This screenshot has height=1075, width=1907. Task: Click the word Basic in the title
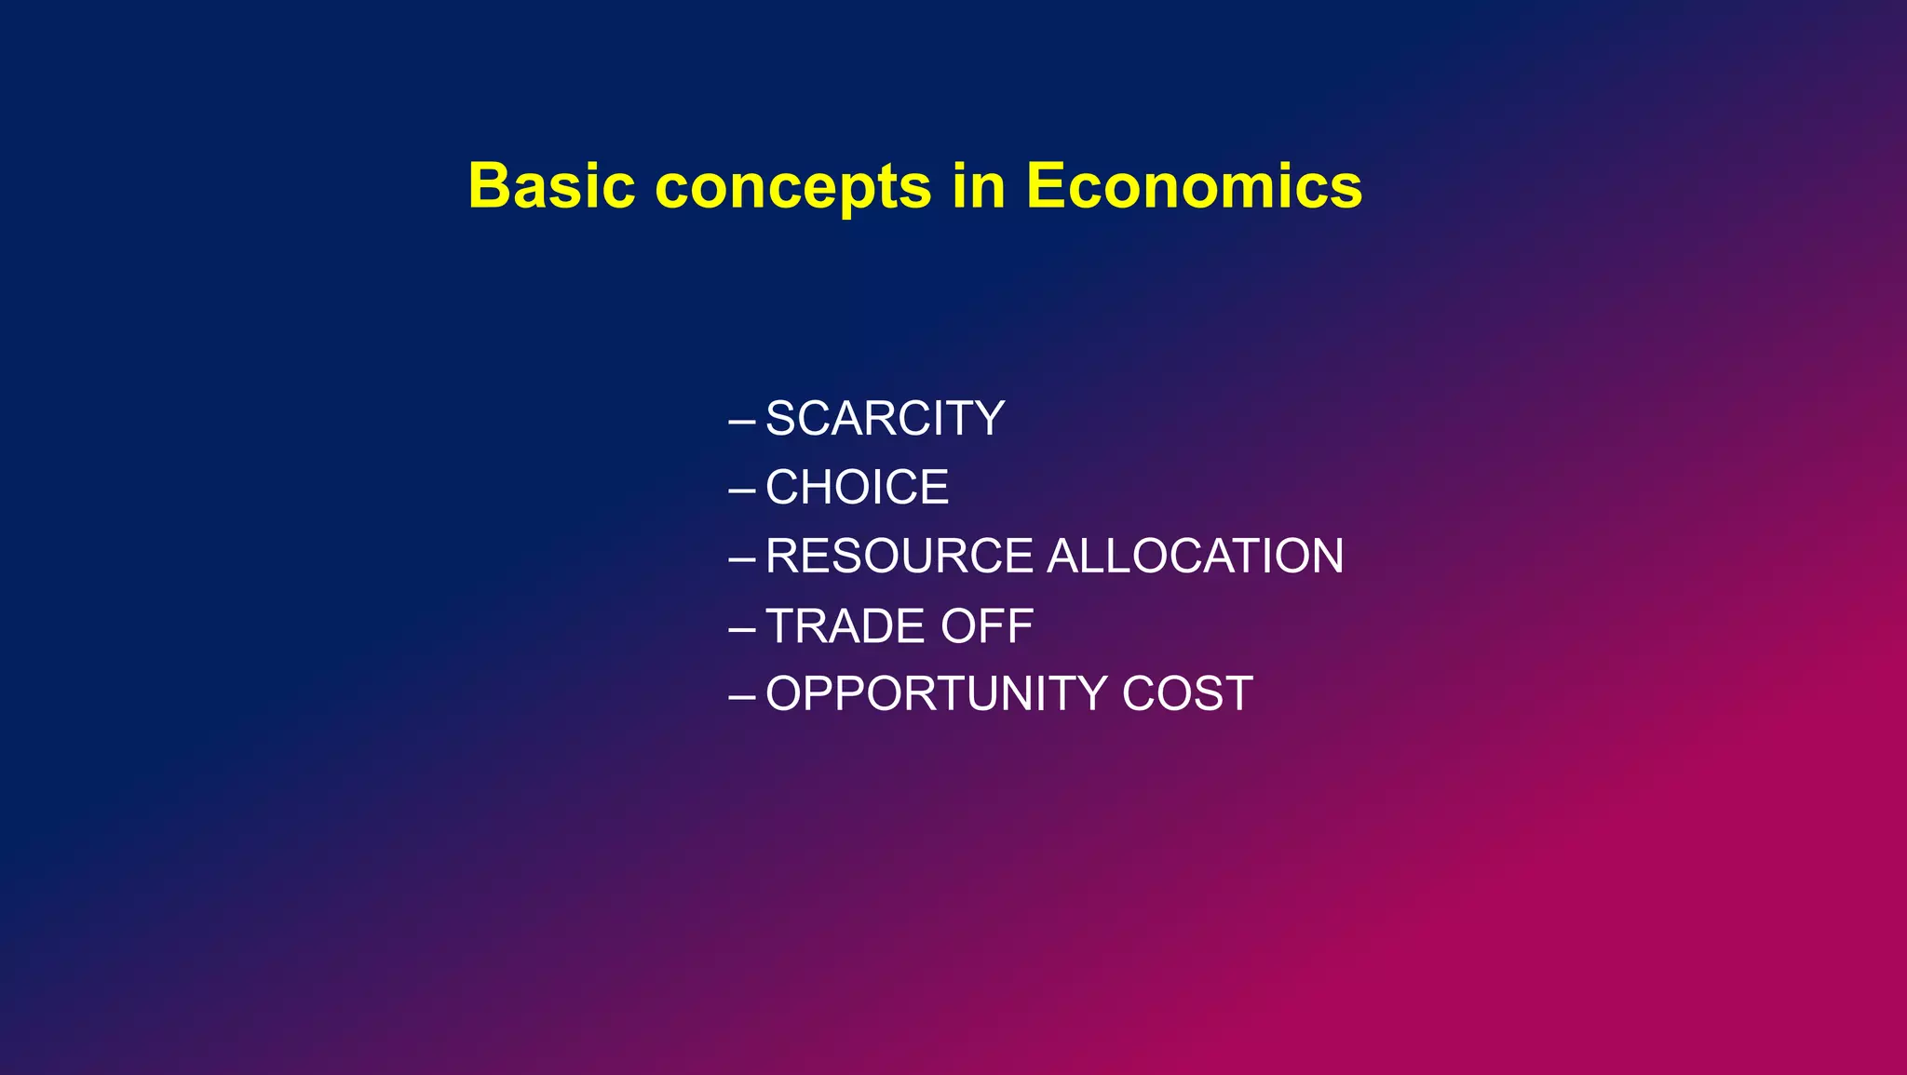(x=551, y=186)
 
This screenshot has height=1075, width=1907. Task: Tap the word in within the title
(x=979, y=186)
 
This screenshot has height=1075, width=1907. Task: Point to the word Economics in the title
(x=1194, y=186)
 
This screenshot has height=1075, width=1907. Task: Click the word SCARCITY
(x=885, y=419)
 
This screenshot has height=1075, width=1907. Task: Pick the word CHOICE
(x=857, y=488)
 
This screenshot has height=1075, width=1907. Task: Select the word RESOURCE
(x=899, y=557)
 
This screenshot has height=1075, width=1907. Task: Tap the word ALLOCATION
(x=1196, y=557)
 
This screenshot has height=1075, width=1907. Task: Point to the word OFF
(x=987, y=625)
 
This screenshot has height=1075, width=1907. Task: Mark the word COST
(x=1187, y=694)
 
